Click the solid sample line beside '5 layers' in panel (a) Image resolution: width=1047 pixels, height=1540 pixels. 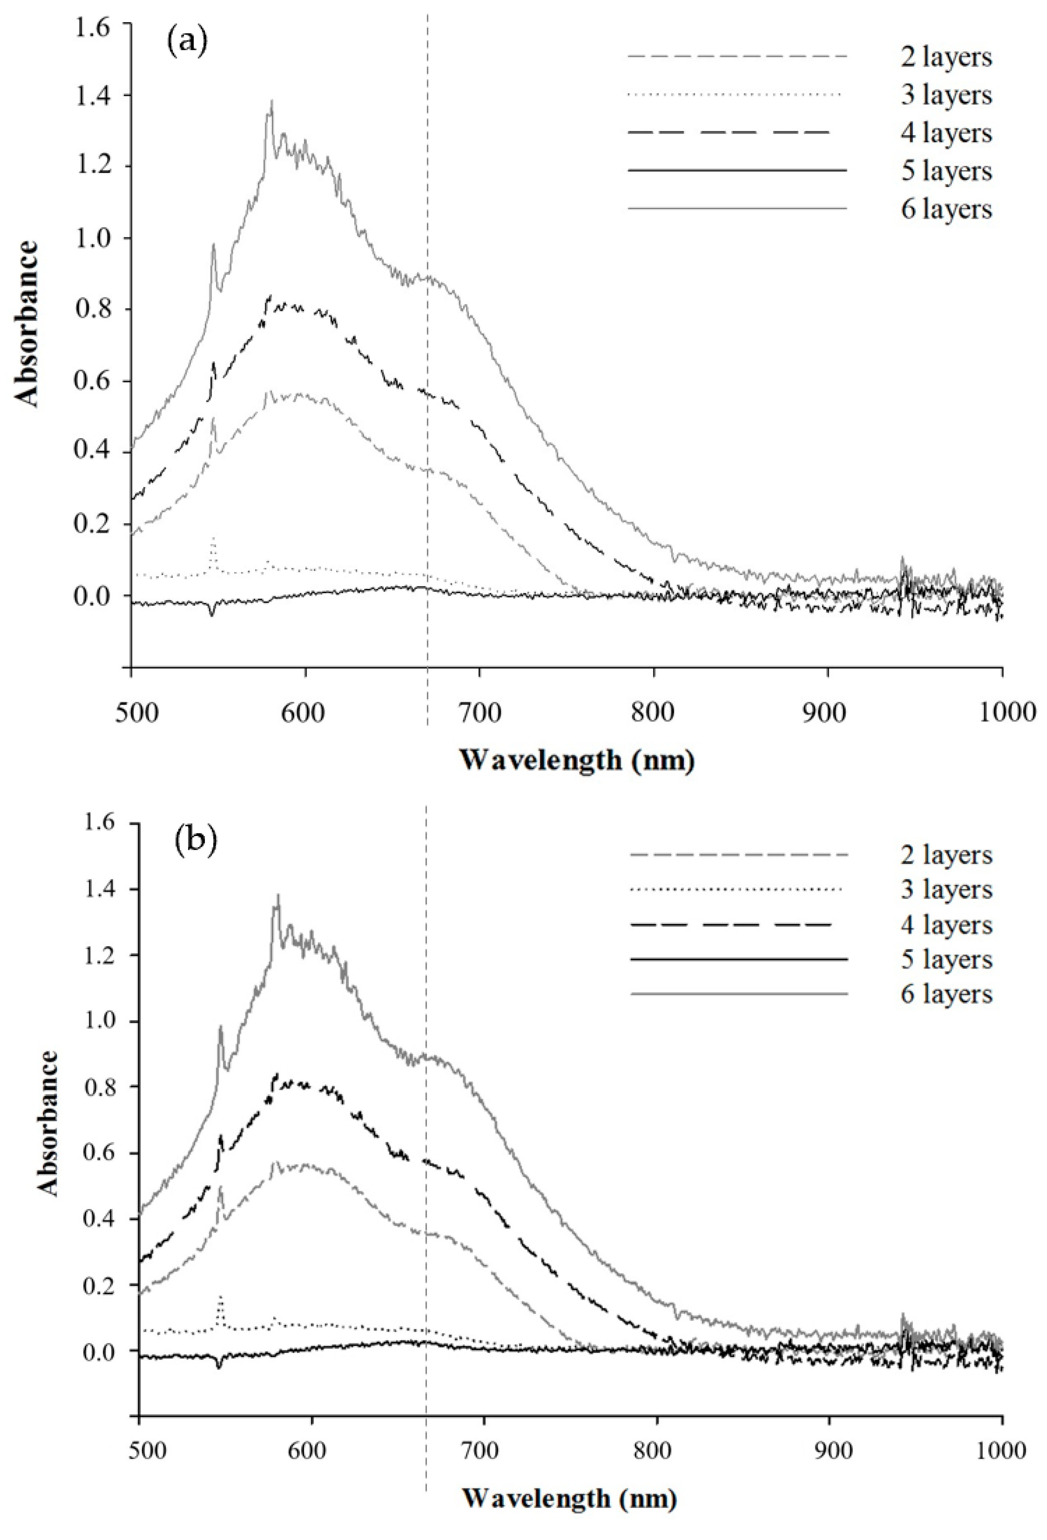[737, 171]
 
